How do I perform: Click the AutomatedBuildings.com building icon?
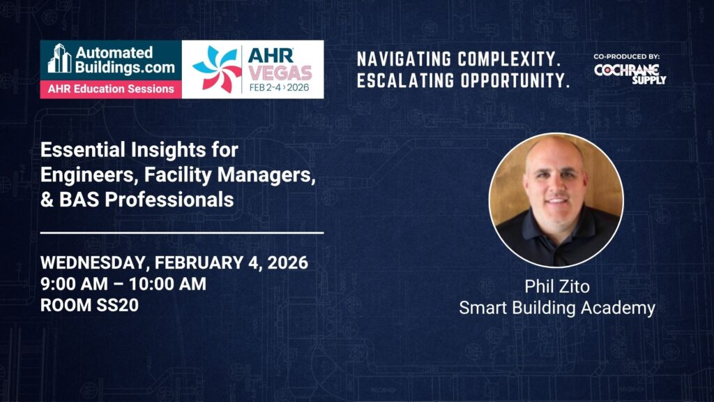click(60, 58)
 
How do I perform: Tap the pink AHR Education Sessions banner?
click(111, 89)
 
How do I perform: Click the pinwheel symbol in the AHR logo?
click(217, 69)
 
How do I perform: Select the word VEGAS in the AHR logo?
click(280, 73)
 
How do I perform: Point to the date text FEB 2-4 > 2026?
click(279, 87)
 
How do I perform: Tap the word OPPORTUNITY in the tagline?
click(515, 81)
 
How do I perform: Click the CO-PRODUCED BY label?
click(627, 57)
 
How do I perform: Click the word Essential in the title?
click(83, 149)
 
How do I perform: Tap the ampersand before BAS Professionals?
click(47, 200)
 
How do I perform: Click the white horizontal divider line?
click(182, 232)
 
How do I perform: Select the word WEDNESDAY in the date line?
click(93, 263)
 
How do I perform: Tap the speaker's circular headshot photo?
click(556, 200)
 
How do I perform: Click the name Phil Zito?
click(557, 286)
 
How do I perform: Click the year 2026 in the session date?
click(288, 263)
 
